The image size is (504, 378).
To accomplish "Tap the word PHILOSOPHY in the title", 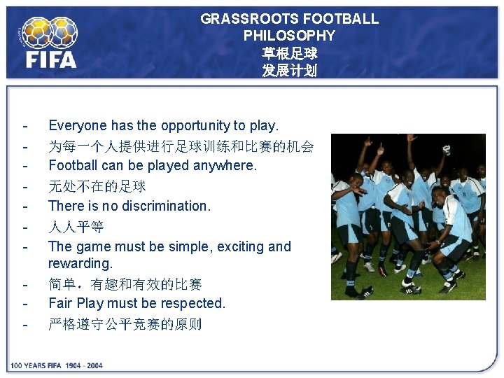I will coord(289,36).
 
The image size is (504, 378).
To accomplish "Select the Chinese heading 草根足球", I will coord(289,53).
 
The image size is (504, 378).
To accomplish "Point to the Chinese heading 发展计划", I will coord(289,71).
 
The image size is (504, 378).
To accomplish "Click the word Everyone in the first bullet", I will coord(77,126).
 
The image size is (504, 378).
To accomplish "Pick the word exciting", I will coord(241,246).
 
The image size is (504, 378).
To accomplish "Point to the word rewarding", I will coord(80,264).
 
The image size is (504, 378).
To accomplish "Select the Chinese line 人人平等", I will coord(76,227).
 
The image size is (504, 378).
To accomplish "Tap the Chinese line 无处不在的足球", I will coord(97,186).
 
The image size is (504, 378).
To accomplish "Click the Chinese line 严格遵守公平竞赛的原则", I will coord(125,324).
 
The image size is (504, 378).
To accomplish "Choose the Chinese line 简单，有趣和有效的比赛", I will coord(125,284).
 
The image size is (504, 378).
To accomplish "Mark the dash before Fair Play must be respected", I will coord(25,304).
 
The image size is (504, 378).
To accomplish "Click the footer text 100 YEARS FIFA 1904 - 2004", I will coord(56,365).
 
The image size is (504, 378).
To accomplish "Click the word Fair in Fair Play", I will coord(60,303).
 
